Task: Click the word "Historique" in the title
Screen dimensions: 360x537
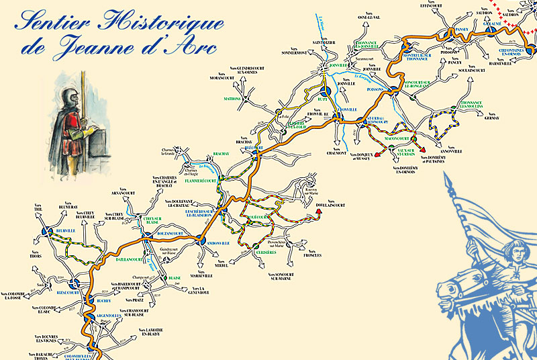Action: click(165, 21)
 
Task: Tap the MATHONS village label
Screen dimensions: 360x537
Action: click(232, 98)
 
